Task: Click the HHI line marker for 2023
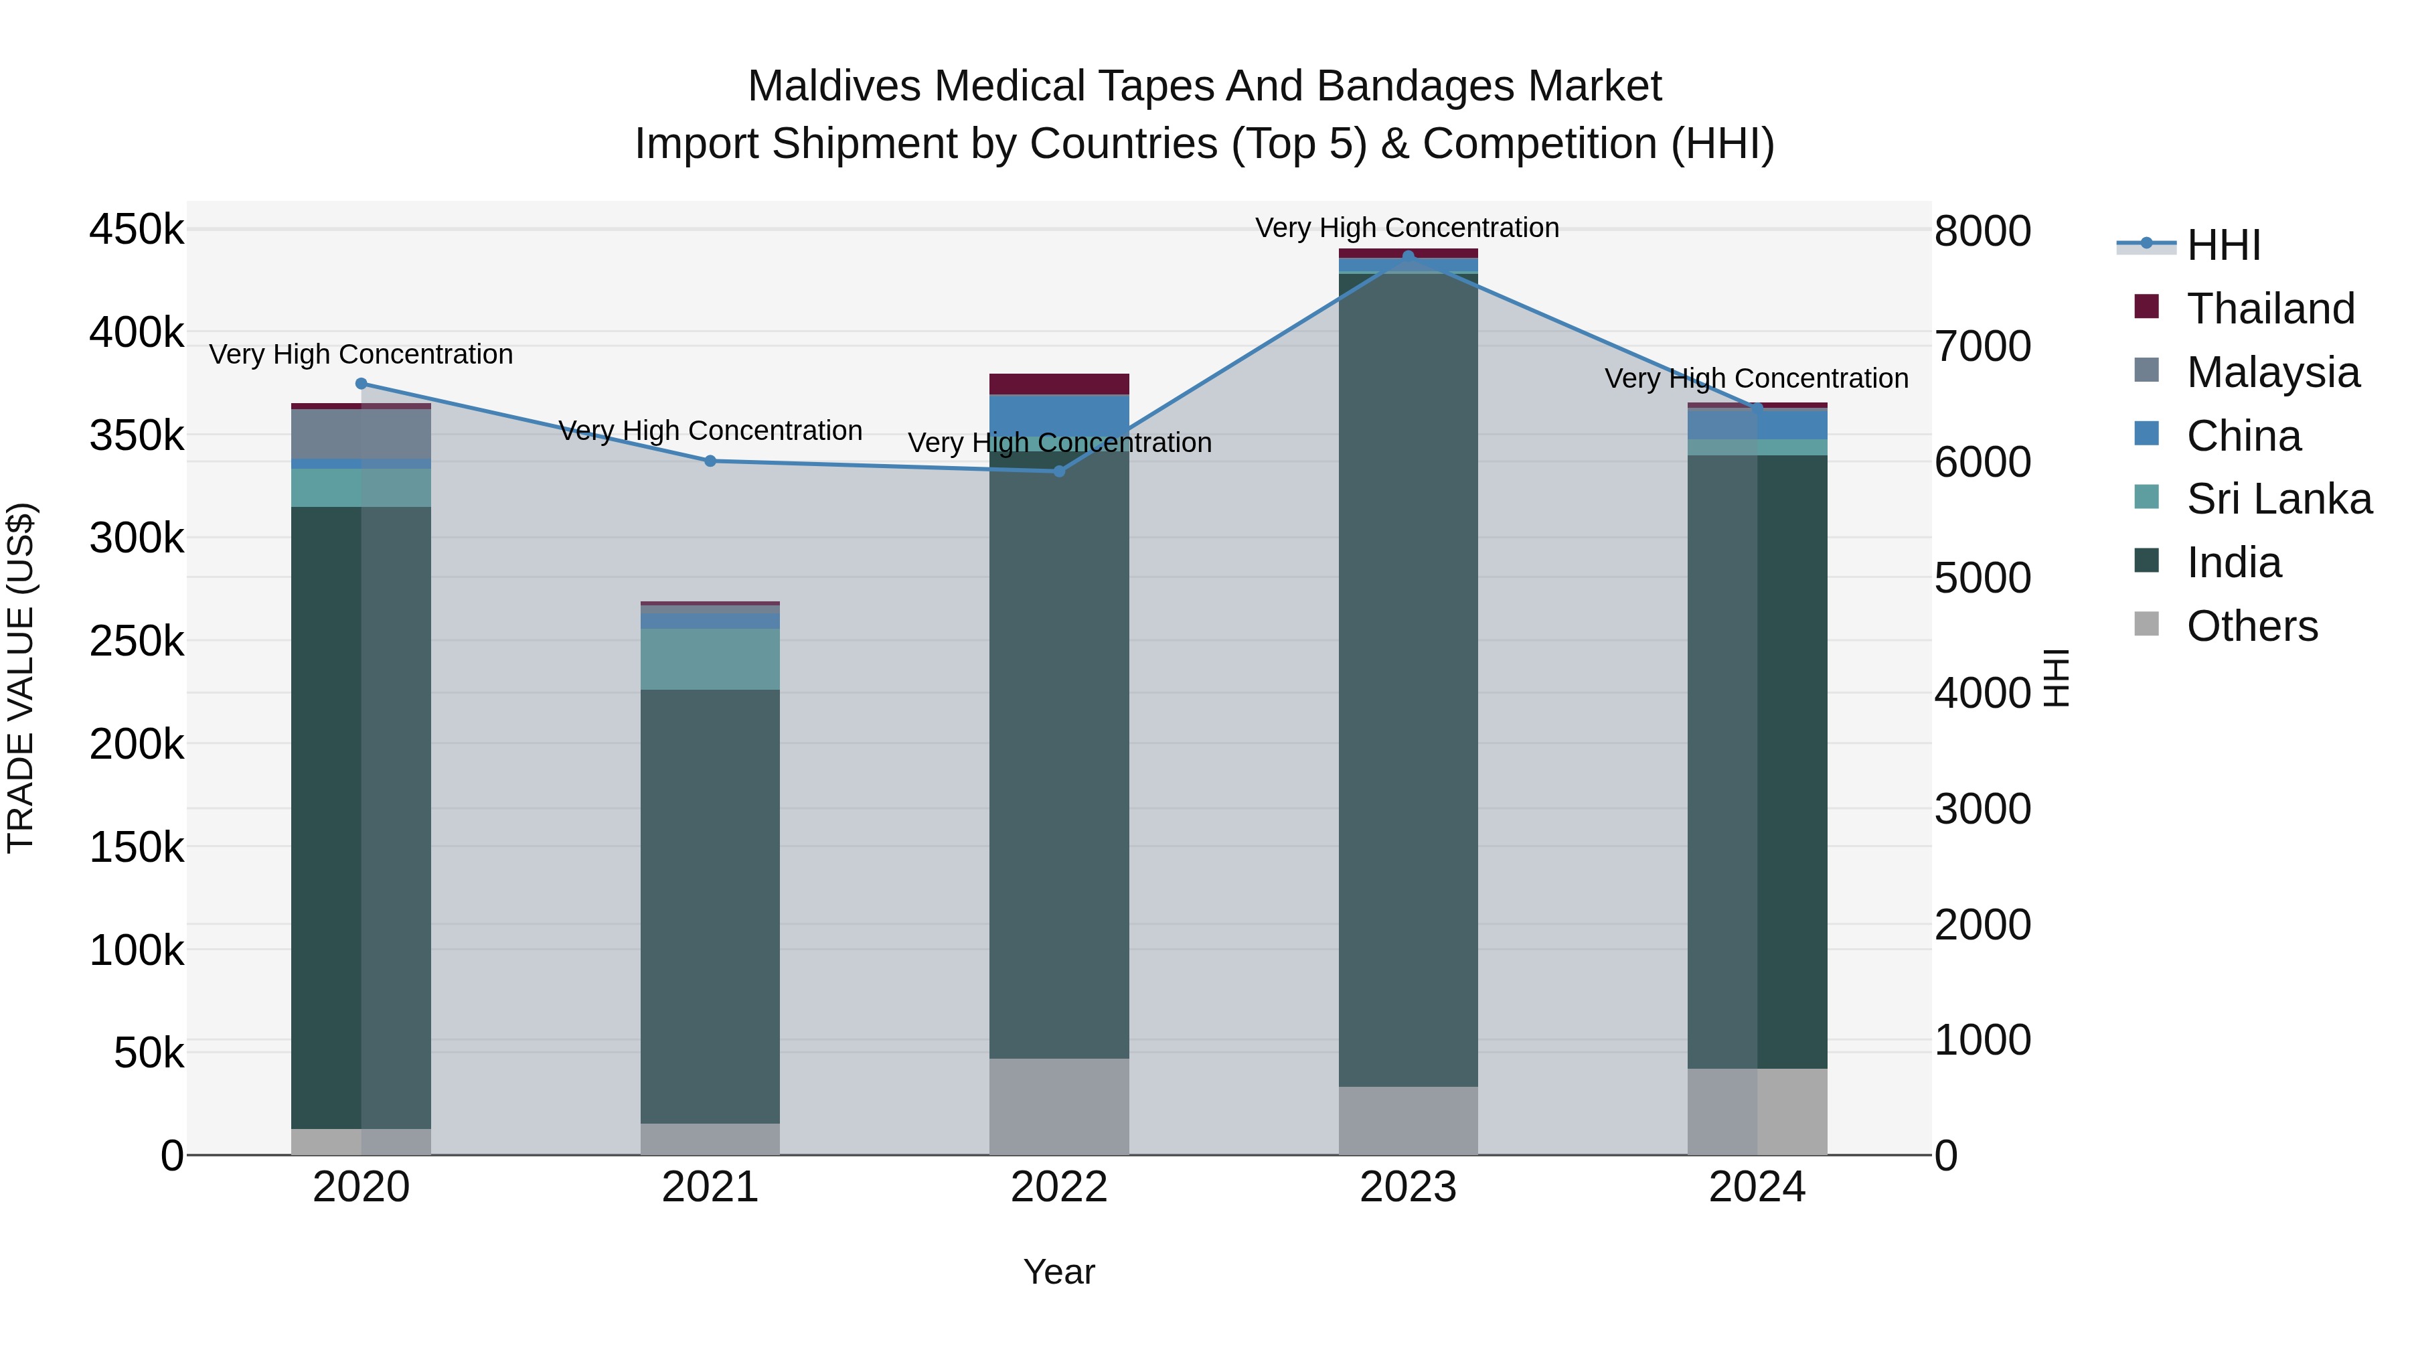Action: (1408, 256)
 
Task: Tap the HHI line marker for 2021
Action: (710, 461)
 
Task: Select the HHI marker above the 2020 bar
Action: (361, 384)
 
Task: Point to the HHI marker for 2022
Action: (1059, 471)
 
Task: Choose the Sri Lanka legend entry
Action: (2279, 499)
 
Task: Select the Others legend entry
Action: (2252, 626)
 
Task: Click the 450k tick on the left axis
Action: (137, 229)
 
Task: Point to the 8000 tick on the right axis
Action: (1982, 231)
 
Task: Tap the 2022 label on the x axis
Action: (1059, 1187)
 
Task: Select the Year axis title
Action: (1059, 1272)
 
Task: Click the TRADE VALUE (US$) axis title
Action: (21, 678)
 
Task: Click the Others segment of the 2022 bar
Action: (1059, 1106)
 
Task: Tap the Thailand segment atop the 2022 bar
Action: (1059, 384)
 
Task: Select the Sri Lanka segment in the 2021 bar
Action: (710, 659)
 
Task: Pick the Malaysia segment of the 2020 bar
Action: (361, 434)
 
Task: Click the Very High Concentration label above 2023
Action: (1407, 228)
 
